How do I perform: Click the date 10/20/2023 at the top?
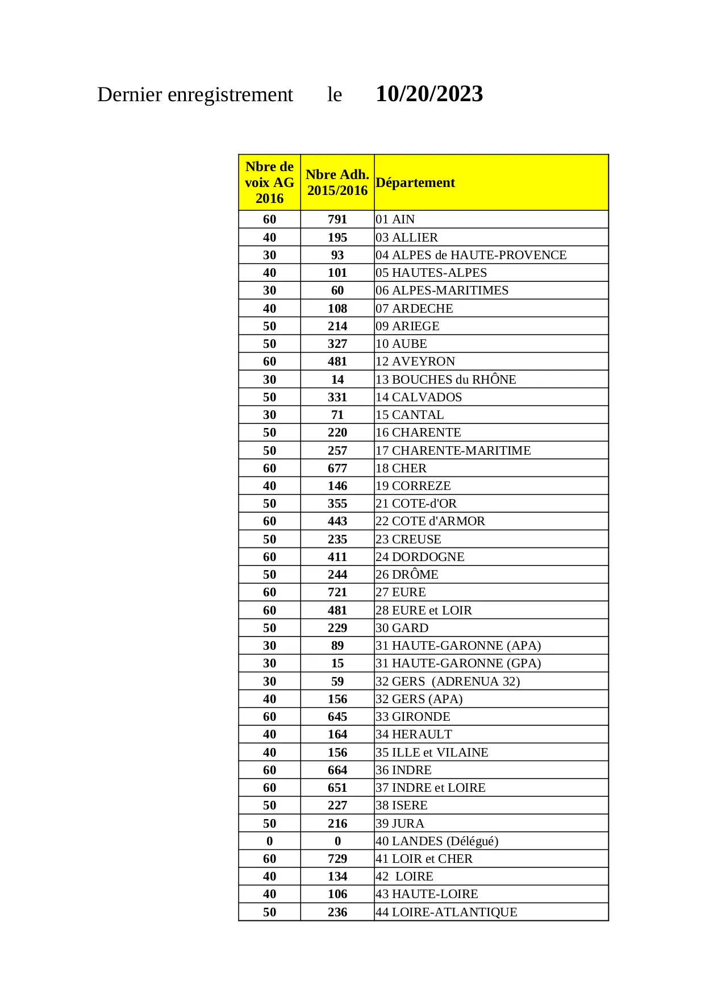(x=429, y=94)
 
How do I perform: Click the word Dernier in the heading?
(x=130, y=94)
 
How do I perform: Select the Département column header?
(x=415, y=182)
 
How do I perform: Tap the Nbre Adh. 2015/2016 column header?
(x=337, y=182)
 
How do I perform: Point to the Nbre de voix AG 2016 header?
(x=269, y=182)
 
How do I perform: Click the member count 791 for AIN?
(x=337, y=219)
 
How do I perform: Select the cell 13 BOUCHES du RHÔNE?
(x=445, y=379)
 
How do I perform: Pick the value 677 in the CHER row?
(x=337, y=468)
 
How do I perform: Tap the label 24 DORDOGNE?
(x=420, y=556)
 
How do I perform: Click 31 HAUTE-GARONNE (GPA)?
(x=458, y=663)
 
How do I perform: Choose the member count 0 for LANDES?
(x=337, y=841)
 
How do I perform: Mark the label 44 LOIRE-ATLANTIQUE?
(x=446, y=912)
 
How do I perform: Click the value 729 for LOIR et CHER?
(x=337, y=858)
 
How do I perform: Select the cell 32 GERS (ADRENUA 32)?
(x=448, y=681)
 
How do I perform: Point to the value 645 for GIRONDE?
(x=337, y=716)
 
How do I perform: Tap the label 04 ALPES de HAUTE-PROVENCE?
(x=471, y=255)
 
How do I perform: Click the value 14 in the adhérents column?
(x=337, y=379)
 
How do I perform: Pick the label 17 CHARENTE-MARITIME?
(x=453, y=450)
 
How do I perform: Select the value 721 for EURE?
(x=337, y=592)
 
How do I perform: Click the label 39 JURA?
(x=400, y=823)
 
